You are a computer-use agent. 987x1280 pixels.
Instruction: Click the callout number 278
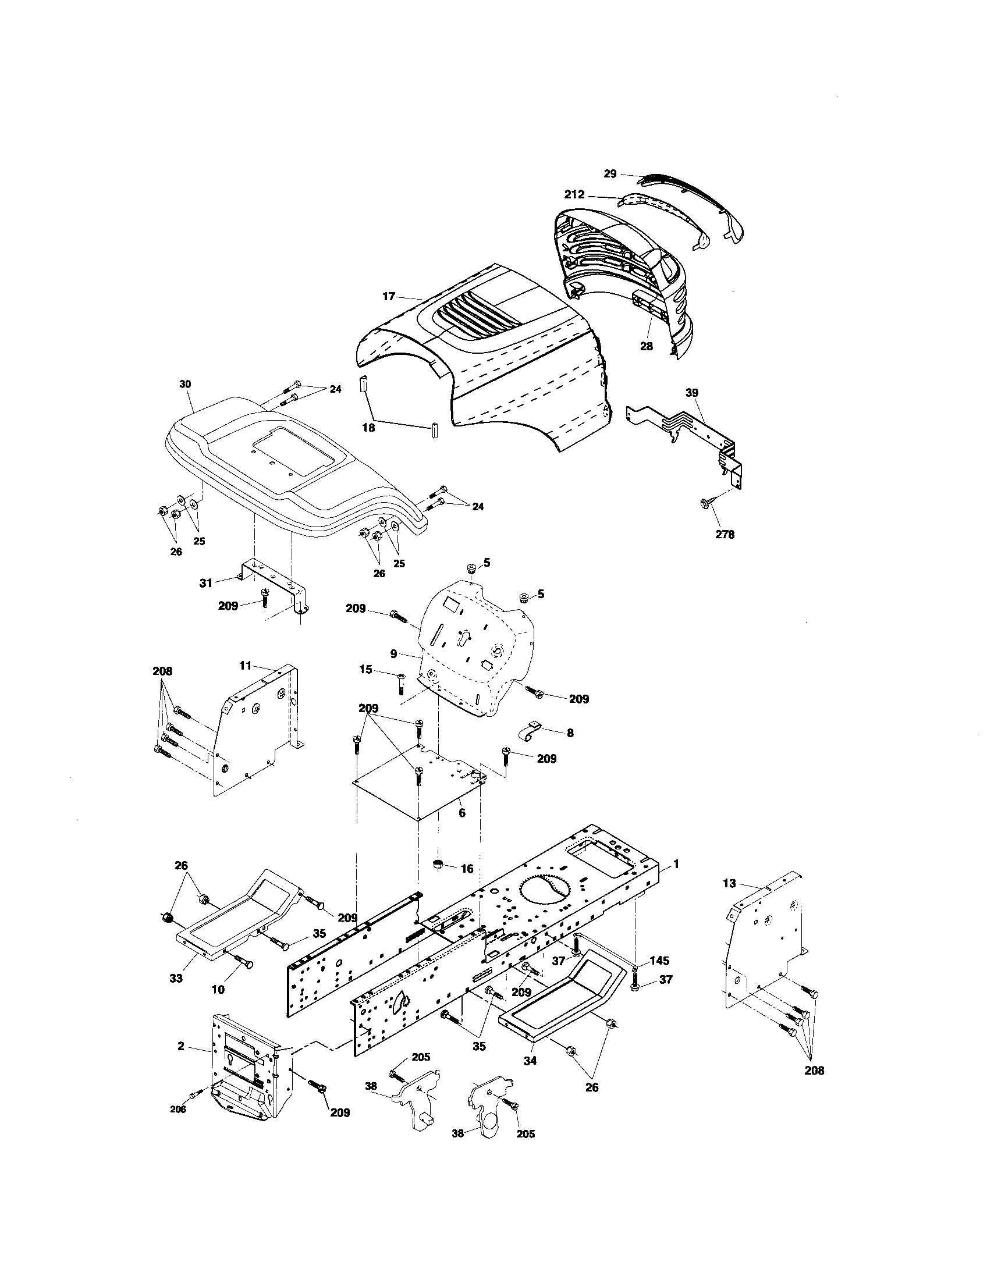(x=725, y=534)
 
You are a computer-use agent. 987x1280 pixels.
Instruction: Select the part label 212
(x=574, y=194)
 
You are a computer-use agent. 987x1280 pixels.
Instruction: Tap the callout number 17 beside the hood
(x=389, y=297)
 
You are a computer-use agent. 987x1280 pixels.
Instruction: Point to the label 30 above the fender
(x=185, y=384)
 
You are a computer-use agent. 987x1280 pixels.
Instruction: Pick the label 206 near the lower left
(x=177, y=1110)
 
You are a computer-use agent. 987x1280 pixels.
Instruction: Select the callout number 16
(x=467, y=869)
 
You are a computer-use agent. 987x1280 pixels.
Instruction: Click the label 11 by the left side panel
(x=245, y=665)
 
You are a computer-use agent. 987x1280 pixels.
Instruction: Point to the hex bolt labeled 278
(x=706, y=503)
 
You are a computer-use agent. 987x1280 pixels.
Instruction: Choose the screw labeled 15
(x=400, y=683)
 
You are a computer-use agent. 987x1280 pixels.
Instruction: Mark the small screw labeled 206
(x=196, y=1094)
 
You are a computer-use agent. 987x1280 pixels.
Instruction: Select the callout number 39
(x=692, y=392)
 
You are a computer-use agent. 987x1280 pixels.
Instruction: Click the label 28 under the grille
(x=646, y=346)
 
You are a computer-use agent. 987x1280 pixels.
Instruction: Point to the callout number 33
(x=176, y=977)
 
